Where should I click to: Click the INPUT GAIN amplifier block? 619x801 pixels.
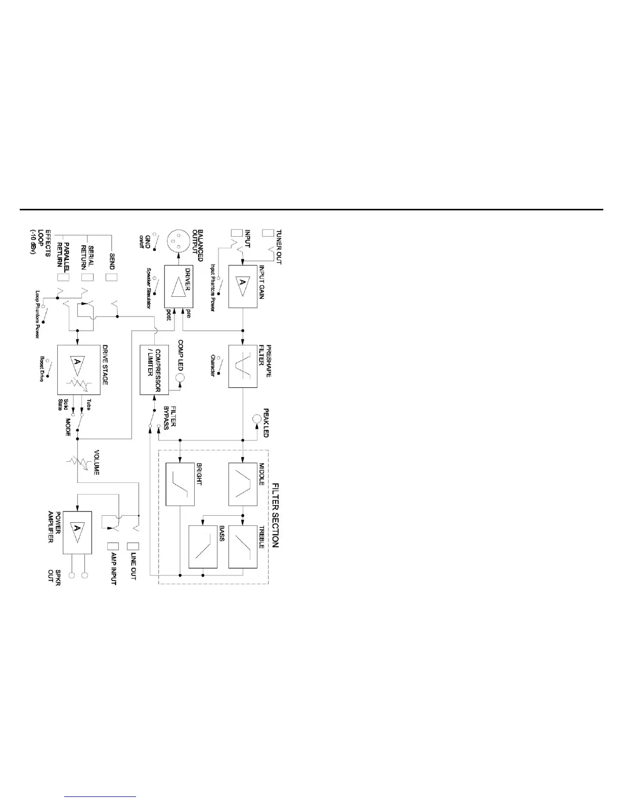pyautogui.click(x=243, y=287)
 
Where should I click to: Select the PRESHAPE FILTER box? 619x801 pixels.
pyautogui.click(x=243, y=366)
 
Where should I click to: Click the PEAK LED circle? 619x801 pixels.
pyautogui.click(x=257, y=419)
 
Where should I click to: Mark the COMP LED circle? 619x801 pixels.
pyautogui.click(x=180, y=378)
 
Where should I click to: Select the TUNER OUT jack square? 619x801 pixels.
pyautogui.click(x=268, y=234)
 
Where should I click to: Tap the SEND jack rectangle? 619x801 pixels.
pyautogui.click(x=111, y=277)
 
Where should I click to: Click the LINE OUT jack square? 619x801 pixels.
pyautogui.click(x=133, y=546)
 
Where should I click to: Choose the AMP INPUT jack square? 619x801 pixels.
pyautogui.click(x=114, y=546)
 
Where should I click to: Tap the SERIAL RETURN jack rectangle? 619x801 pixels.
pyautogui.click(x=87, y=277)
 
